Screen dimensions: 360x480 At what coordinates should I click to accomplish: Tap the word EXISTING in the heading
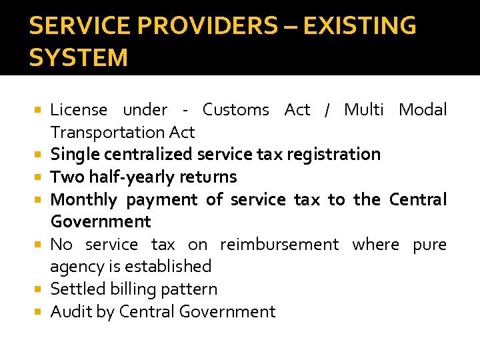pyautogui.click(x=360, y=27)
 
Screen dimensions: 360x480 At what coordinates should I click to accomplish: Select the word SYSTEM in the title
pyautogui.click(x=79, y=58)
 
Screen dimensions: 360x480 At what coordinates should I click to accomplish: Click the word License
pyautogui.click(x=79, y=110)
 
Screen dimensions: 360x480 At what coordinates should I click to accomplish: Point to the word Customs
pyautogui.click(x=236, y=110)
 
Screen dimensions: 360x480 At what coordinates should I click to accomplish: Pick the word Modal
pyautogui.click(x=423, y=110)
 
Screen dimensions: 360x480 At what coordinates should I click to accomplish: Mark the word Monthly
pyautogui.click(x=83, y=200)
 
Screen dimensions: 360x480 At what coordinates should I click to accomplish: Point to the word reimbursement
pyautogui.click(x=279, y=245)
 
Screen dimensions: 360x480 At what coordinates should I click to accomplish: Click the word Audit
pyautogui.click(x=69, y=312)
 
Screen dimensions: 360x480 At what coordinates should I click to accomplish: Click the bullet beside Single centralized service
pyautogui.click(x=41, y=155)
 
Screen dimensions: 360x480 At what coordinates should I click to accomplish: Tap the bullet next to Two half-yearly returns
pyautogui.click(x=41, y=177)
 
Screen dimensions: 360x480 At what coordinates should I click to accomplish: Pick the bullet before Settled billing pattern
pyautogui.click(x=41, y=289)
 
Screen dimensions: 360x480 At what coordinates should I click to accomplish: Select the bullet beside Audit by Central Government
pyautogui.click(x=41, y=312)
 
